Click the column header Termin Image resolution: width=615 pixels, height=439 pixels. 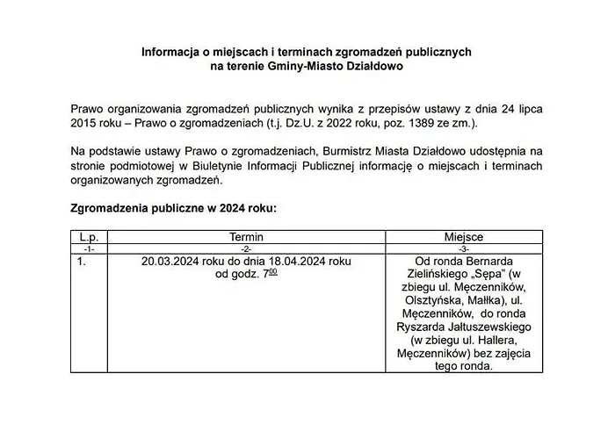246,237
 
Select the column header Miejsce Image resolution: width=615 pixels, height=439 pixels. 464,237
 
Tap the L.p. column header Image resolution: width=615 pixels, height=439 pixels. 88,237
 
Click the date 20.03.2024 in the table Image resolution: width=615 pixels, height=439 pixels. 172,262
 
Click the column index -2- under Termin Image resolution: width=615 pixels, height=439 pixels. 246,248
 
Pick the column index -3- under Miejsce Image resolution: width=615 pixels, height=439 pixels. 464,248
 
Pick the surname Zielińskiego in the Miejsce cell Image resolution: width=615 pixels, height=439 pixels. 439,275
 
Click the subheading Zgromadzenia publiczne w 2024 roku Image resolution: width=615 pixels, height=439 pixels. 173,208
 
